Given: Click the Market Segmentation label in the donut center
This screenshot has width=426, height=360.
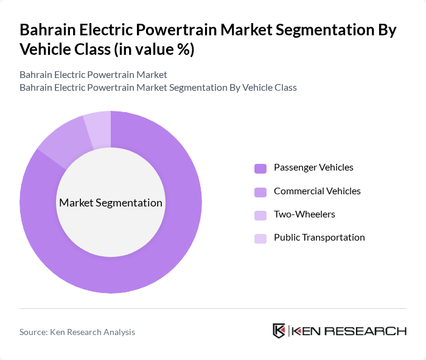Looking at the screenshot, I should (111, 203).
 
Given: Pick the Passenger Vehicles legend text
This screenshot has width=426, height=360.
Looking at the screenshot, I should (313, 168).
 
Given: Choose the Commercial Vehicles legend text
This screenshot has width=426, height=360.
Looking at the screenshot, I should (317, 191).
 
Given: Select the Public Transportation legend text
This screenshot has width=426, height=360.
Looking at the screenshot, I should (319, 238).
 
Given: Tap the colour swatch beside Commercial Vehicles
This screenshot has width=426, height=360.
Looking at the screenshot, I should (260, 192).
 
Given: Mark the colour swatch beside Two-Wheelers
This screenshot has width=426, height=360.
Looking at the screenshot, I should (260, 215).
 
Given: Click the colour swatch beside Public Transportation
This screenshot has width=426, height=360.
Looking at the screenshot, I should (260, 238).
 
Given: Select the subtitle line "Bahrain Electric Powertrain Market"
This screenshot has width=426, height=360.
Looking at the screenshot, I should (93, 75).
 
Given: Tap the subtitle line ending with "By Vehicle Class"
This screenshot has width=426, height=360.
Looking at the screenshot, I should (158, 87).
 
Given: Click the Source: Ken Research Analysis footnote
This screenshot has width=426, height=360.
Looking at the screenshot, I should (77, 332).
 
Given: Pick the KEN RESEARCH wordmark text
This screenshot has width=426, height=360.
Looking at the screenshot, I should (349, 331).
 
